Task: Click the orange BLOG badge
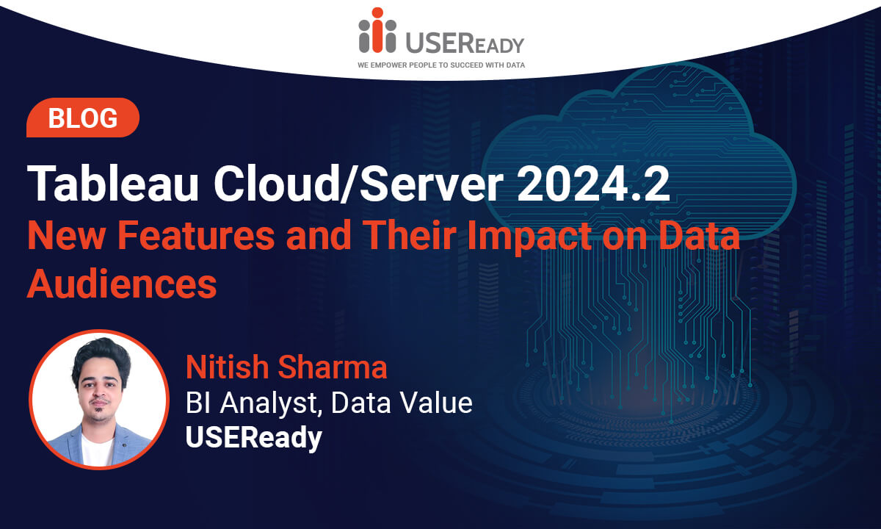82,118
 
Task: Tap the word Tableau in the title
112,184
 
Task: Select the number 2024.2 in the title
593,184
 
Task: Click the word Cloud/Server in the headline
359,184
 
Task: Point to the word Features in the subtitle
196,235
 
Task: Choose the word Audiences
122,284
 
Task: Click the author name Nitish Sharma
286,367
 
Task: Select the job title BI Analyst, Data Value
329,403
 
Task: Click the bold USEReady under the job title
254,438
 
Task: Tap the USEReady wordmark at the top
465,42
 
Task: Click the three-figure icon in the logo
377,30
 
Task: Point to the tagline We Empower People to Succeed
441,65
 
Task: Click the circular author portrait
99,400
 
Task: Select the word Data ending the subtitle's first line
700,235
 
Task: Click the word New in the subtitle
67,235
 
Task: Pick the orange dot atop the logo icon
377,12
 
